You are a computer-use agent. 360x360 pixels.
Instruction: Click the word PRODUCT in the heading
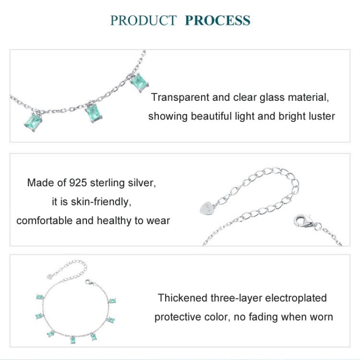click(144, 21)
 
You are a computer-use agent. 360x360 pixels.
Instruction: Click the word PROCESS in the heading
click(217, 21)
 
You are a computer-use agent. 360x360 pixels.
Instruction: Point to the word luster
click(320, 116)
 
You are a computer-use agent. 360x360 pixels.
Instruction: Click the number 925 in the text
click(78, 183)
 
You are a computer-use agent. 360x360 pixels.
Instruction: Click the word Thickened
click(183, 298)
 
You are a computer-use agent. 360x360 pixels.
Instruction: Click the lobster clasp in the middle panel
click(302, 221)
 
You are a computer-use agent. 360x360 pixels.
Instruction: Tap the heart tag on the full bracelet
click(49, 276)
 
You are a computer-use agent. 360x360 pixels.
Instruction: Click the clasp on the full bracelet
click(88, 283)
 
